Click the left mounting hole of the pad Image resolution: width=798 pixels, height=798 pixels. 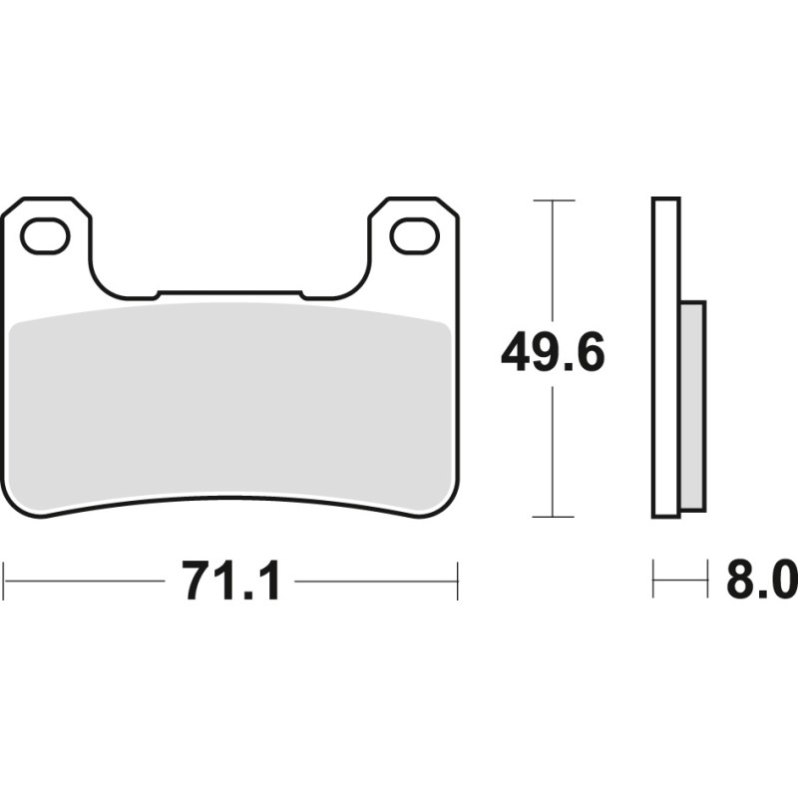coord(45,236)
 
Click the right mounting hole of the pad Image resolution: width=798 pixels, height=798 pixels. coord(414,236)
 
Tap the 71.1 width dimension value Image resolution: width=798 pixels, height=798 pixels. coord(230,580)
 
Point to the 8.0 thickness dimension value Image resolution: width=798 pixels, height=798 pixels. coord(761,580)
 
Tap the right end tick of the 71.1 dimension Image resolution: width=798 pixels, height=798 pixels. coord(457,580)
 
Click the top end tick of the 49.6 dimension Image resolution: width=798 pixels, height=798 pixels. coord(554,200)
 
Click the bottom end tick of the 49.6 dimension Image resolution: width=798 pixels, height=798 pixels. coord(554,517)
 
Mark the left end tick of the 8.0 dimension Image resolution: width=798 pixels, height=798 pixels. coord(653,580)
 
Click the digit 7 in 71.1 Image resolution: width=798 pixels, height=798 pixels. coord(199,580)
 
